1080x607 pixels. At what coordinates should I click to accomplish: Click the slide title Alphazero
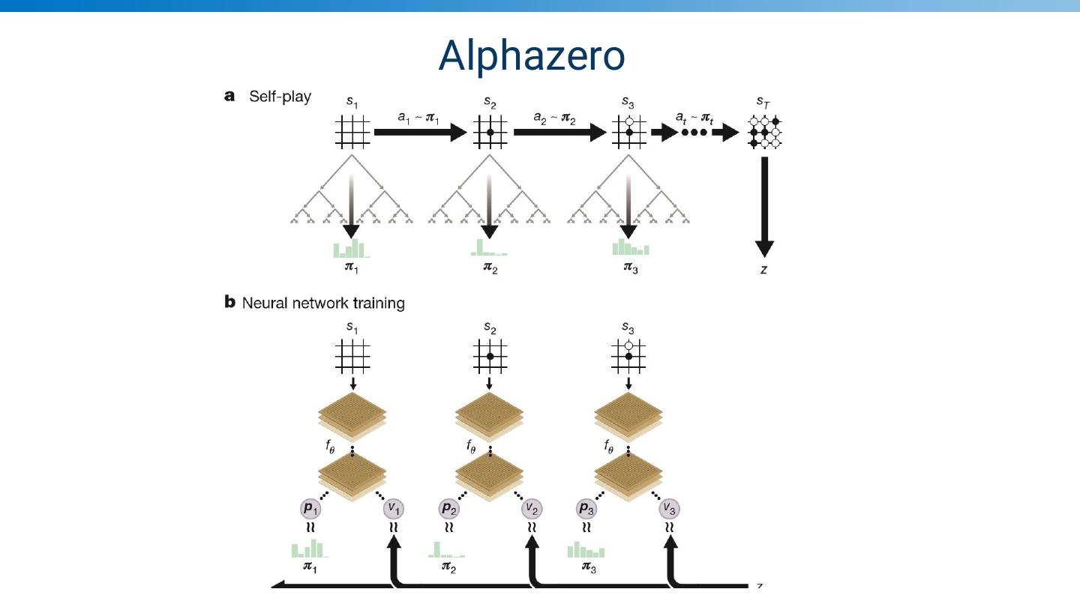tap(531, 55)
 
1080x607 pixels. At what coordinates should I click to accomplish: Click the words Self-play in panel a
tap(280, 97)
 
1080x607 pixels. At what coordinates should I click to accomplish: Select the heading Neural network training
tap(323, 303)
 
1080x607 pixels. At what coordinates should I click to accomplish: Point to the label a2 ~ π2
tap(554, 118)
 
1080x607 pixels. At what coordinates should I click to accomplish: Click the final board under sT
tap(764, 133)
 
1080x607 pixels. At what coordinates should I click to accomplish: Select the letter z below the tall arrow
tap(763, 269)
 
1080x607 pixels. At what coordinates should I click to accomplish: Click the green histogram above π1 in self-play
tap(350, 249)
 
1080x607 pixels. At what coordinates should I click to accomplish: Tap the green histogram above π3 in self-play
tap(630, 248)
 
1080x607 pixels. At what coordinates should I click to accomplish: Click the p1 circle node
tap(310, 509)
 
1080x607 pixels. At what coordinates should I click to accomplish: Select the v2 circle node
tap(532, 509)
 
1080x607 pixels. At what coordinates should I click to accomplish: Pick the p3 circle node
tap(586, 509)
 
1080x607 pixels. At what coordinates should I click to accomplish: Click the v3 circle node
tap(670, 509)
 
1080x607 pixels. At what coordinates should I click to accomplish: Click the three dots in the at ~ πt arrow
tap(693, 133)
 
